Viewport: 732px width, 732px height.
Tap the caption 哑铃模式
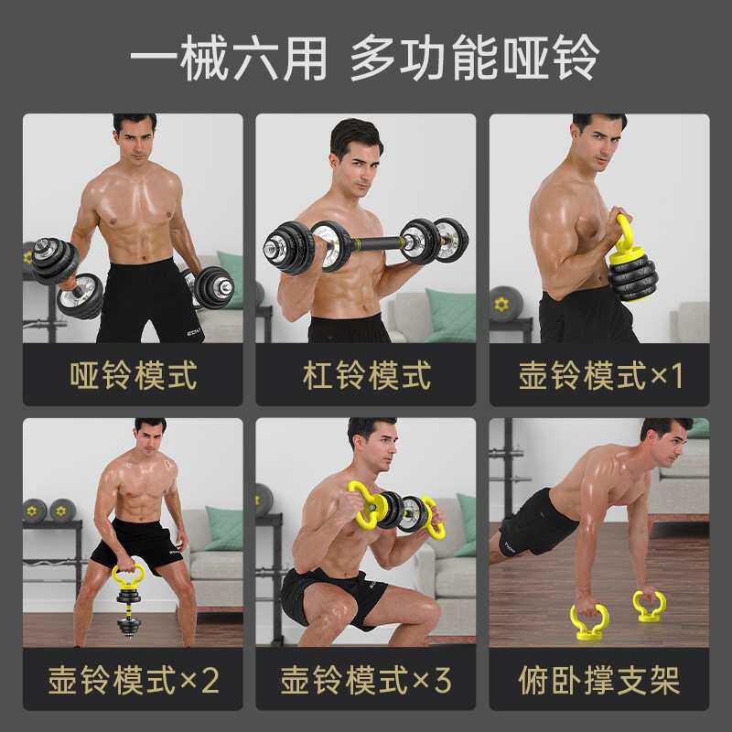pyautogui.click(x=133, y=375)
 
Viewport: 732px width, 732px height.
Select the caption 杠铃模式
pyautogui.click(x=366, y=375)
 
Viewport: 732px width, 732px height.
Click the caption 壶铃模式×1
pyautogui.click(x=600, y=375)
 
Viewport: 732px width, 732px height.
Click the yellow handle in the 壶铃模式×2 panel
pyautogui.click(x=127, y=576)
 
